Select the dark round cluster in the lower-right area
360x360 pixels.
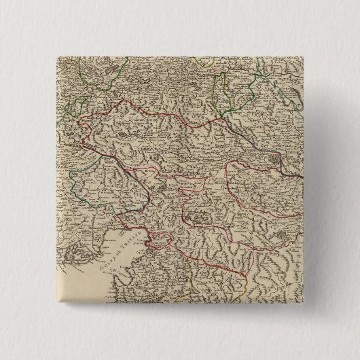(281, 237)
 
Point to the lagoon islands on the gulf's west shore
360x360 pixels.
(75, 251)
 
